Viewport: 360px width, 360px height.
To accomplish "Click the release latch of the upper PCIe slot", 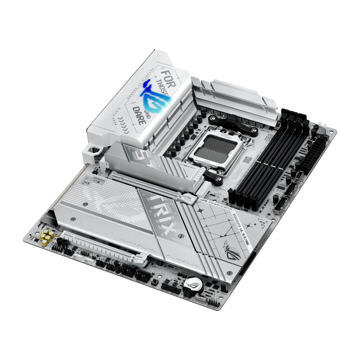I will [189, 200].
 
